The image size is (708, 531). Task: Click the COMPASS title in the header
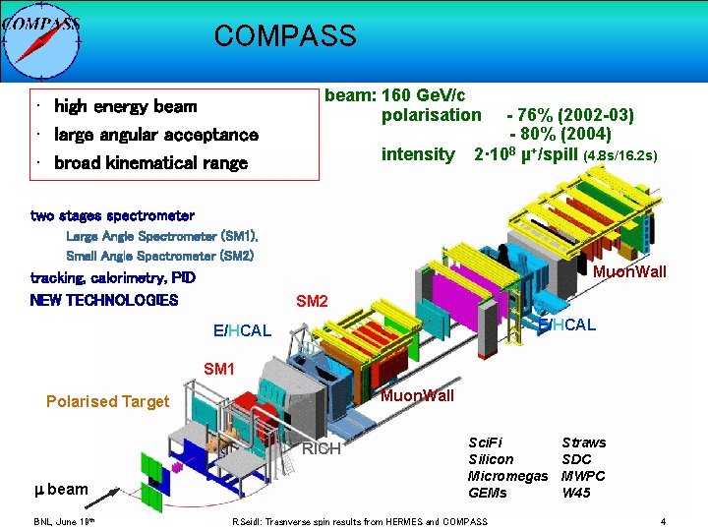tap(285, 36)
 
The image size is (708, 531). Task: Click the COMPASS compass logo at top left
tap(40, 39)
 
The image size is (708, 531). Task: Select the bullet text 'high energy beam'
tap(125, 106)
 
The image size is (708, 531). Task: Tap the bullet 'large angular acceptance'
tap(155, 135)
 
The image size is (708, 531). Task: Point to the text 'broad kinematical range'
tap(150, 163)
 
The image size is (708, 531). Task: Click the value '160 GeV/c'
tap(423, 95)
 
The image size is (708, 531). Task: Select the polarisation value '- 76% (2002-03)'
tap(569, 115)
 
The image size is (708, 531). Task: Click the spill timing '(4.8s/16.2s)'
tap(620, 155)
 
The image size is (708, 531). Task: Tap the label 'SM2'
tap(312, 301)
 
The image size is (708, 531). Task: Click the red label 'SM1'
tap(219, 370)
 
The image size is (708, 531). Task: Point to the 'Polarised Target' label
tap(107, 401)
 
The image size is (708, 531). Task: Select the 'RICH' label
tap(322, 449)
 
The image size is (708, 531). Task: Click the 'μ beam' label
tap(61, 489)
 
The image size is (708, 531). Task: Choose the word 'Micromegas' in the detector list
tap(507, 476)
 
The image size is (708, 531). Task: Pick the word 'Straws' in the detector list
tap(583, 442)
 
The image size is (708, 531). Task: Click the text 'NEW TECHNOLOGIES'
tap(104, 300)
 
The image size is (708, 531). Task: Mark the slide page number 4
tap(664, 521)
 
